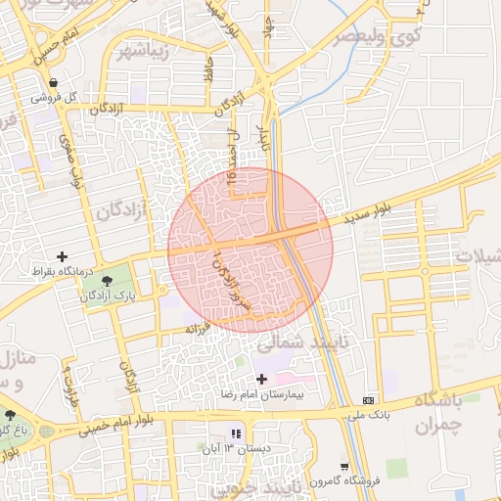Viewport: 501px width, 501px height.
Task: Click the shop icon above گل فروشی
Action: pos(52,82)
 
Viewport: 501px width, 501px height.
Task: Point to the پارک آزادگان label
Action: pos(109,295)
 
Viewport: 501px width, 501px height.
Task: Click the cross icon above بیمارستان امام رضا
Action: pos(260,379)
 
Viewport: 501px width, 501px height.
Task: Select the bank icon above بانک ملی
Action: pos(368,400)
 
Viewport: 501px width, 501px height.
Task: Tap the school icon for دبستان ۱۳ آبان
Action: pos(235,433)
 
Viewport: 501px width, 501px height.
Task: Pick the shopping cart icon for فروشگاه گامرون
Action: pos(344,466)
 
